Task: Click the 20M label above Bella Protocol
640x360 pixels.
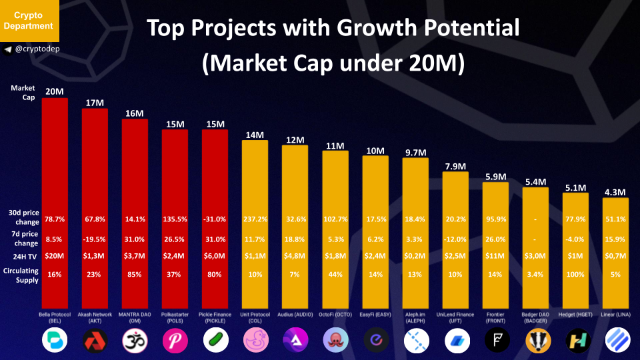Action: point(55,92)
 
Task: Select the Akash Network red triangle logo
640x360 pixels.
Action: point(95,341)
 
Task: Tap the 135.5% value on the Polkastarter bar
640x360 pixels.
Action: point(175,219)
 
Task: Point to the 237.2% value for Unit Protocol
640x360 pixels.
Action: point(255,219)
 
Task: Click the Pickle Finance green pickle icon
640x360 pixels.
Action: point(215,341)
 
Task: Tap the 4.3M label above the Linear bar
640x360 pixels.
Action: point(615,193)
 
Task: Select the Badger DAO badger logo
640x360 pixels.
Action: point(535,341)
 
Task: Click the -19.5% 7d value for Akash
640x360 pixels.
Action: point(95,239)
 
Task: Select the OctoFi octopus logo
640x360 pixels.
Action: point(335,341)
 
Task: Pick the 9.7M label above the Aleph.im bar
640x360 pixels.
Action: point(415,153)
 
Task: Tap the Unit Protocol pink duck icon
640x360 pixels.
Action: point(255,341)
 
